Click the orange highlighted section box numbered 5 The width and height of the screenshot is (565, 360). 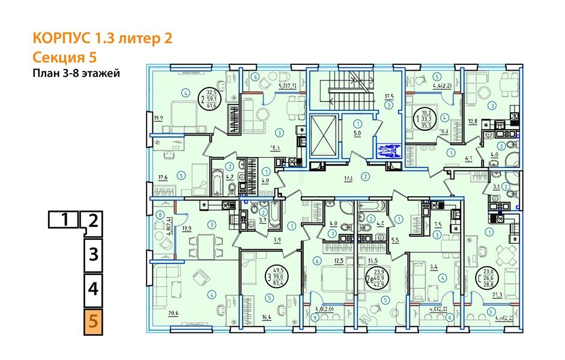(92, 321)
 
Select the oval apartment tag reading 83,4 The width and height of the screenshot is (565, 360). (275, 278)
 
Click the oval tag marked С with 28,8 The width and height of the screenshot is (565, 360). (486, 277)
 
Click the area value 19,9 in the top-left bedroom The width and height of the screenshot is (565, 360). (158, 118)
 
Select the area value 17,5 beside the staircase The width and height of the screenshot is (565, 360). (389, 96)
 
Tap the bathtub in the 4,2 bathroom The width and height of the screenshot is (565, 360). (216, 180)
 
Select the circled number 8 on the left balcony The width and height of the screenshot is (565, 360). (160, 214)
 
